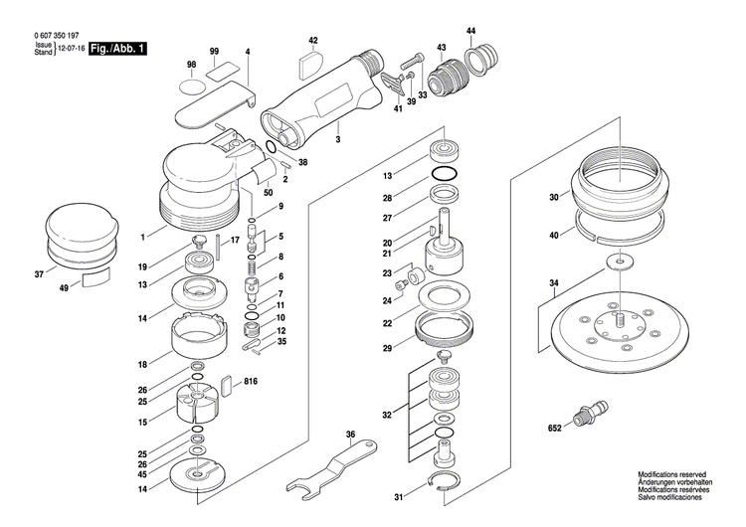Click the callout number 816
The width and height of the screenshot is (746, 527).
tap(250, 381)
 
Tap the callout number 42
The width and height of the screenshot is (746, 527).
tap(312, 41)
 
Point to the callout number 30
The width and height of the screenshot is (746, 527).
tap(553, 197)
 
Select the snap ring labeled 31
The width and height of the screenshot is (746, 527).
tap(441, 484)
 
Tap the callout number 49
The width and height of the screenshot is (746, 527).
tap(65, 288)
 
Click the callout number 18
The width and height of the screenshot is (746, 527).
tap(143, 364)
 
